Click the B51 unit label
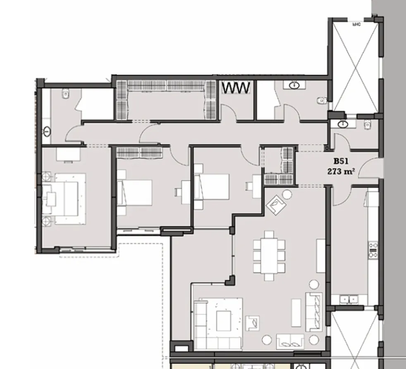[341, 161]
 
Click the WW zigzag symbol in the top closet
[236, 88]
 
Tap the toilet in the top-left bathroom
[64, 95]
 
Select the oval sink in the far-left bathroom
[47, 132]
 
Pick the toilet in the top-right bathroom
[321, 100]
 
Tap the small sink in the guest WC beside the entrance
[342, 123]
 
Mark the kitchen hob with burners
[373, 250]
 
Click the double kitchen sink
[348, 299]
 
